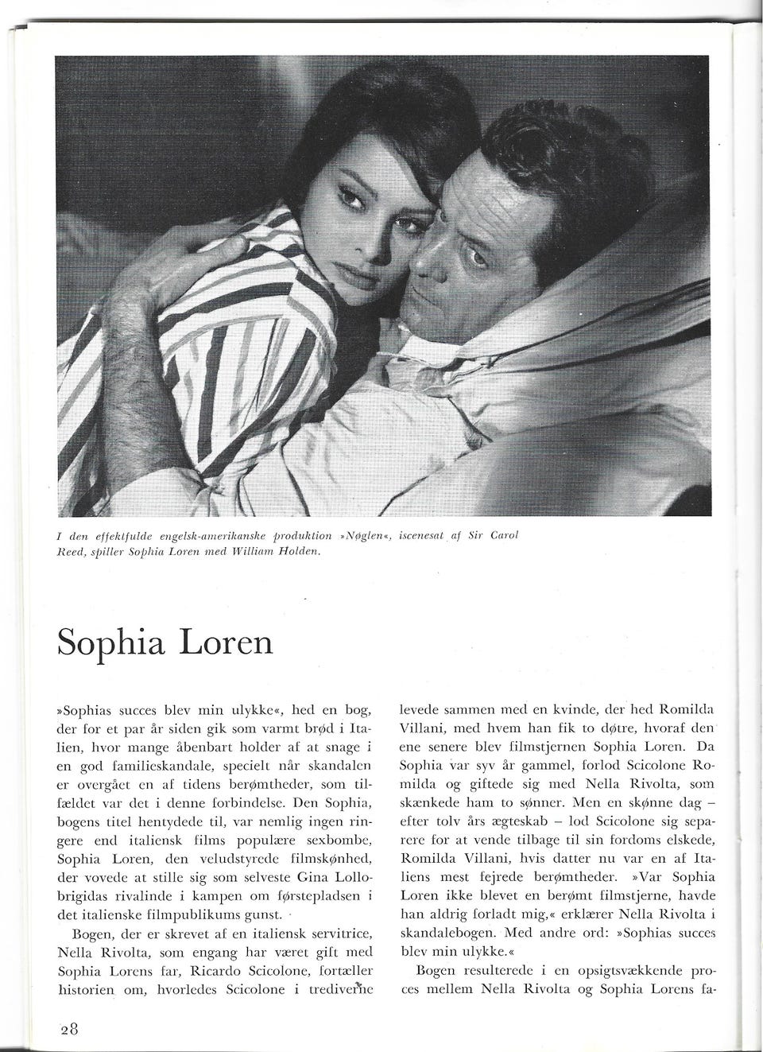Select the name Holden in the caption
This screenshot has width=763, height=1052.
(294, 551)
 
